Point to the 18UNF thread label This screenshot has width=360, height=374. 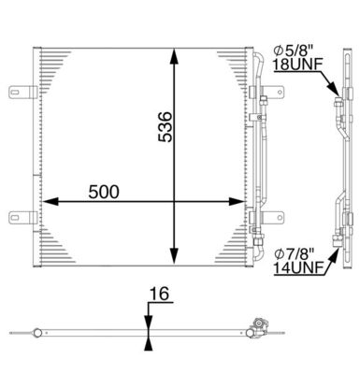tap(294, 65)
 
